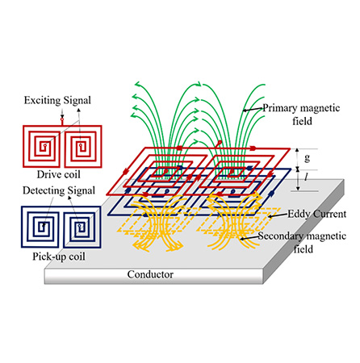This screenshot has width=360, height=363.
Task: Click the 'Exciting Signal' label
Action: click(57, 101)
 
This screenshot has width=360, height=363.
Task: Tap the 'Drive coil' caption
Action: click(59, 174)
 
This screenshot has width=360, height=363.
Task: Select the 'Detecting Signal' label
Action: click(59, 190)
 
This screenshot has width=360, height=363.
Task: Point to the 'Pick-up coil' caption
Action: click(59, 257)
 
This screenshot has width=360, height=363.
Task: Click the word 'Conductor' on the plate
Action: click(150, 274)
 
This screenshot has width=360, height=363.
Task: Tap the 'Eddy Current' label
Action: click(317, 214)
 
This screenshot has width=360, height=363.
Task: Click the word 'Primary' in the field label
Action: click(280, 108)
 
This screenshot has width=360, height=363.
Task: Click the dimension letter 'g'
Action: click(308, 158)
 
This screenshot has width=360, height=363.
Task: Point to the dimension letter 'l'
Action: click(307, 177)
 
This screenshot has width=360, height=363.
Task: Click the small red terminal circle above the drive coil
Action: click(62, 119)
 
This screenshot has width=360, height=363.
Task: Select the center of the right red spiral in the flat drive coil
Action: click(80, 145)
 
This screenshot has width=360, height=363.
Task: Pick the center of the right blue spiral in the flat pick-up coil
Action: click(79, 225)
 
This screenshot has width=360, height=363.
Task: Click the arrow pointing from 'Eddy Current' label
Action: click(278, 215)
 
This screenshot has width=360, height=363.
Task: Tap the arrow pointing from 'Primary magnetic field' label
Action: click(253, 109)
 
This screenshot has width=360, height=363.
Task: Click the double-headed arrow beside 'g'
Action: click(297, 158)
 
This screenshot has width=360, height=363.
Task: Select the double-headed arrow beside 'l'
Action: click(298, 180)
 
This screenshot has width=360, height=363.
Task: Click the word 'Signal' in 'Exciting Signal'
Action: click(77, 101)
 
